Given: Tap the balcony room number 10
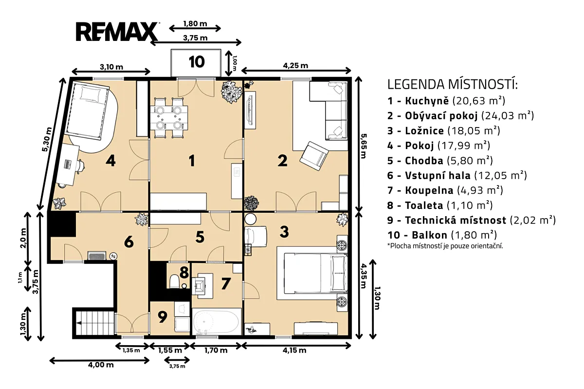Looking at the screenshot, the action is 197,62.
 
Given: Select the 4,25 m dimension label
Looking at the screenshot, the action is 296,66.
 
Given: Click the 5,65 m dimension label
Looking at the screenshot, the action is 363,146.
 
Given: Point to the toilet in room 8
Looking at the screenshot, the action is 174,281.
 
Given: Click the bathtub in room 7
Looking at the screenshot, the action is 216,322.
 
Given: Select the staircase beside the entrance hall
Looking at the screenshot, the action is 94,323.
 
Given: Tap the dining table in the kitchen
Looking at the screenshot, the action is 169,118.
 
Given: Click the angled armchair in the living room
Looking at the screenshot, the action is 314,156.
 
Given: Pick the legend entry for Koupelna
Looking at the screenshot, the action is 445,190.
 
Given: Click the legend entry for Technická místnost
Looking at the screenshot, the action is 472,220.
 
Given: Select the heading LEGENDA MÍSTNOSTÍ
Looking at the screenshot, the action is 452,84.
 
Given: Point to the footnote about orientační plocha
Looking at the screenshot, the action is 445,246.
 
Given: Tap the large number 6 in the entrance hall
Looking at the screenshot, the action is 129,242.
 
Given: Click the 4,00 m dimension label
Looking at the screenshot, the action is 101,365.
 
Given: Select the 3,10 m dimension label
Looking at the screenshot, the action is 111,67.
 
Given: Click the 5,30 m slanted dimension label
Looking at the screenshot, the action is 47,139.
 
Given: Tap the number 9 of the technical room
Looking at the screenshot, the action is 163,317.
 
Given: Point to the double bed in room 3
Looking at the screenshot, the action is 315,273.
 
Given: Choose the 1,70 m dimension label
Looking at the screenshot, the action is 216,350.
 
